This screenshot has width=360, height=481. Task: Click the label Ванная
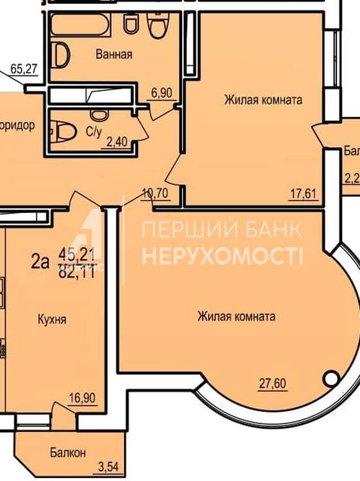tap(114, 55)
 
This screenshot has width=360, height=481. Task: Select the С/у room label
tap(93, 132)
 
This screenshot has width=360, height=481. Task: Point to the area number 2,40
tap(117, 142)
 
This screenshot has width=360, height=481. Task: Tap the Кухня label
tap(52, 320)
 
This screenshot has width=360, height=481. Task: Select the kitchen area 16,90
tap(81, 397)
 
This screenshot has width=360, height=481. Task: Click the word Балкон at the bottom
tap(67, 453)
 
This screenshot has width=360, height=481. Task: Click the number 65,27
tap(24, 70)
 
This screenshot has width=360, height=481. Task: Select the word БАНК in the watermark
tap(270, 229)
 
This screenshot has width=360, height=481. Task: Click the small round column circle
tap(331, 377)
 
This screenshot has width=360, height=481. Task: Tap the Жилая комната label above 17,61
tap(263, 100)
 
